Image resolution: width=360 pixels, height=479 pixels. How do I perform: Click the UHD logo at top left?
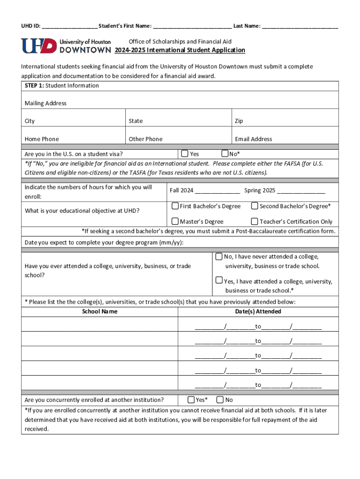point(65,46)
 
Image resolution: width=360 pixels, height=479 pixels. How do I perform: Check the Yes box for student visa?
point(185,153)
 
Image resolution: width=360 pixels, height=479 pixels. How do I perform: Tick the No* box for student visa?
point(225,153)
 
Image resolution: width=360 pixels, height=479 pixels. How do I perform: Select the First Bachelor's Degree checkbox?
point(175,206)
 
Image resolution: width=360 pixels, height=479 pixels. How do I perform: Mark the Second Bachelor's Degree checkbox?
point(255,206)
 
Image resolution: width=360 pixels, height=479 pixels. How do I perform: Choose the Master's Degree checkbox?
point(175,221)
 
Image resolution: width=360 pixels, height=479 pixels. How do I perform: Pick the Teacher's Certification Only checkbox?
point(255,221)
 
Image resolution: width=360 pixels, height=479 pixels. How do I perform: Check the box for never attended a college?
point(219,256)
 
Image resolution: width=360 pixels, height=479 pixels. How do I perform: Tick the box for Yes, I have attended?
point(219,281)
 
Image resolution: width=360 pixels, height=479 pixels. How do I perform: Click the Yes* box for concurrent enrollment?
point(191,399)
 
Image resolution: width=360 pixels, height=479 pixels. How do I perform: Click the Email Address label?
point(253,139)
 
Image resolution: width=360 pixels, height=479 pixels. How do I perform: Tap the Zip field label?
point(239,121)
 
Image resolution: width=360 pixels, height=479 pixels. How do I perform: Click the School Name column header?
point(100,312)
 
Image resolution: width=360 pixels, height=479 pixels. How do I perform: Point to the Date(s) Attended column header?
point(259,312)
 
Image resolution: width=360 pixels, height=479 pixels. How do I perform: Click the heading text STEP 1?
point(34,86)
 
